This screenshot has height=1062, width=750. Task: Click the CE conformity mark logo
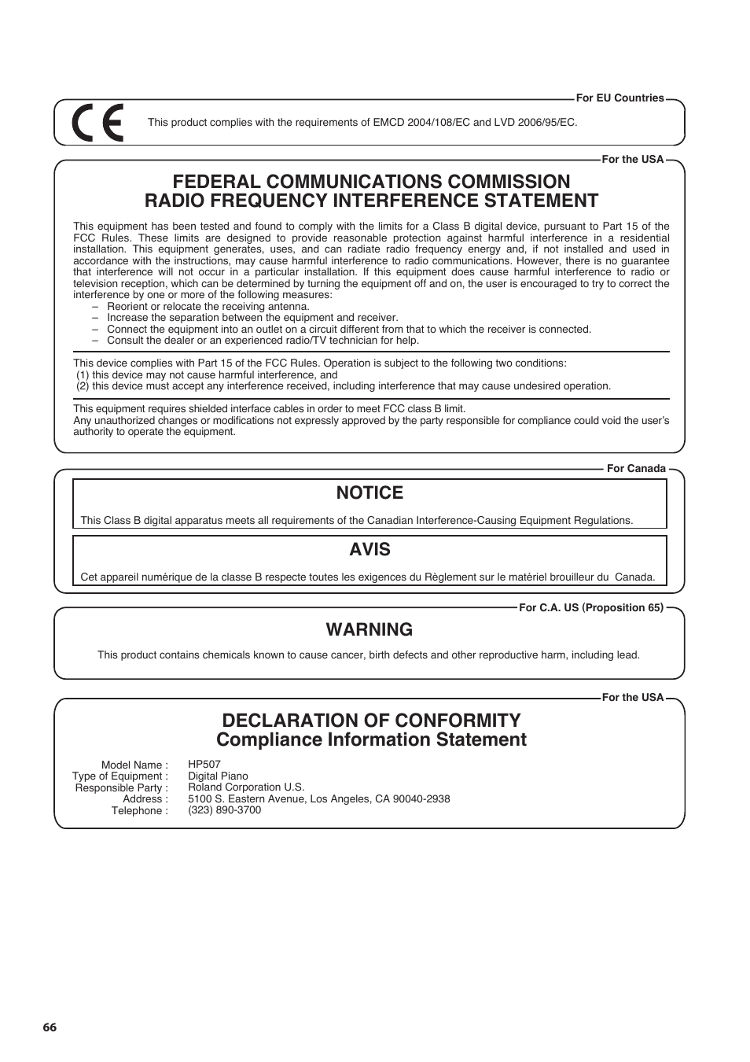click(97, 123)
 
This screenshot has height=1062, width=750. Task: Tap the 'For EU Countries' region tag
click(619, 98)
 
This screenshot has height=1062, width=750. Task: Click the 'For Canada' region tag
click(635, 469)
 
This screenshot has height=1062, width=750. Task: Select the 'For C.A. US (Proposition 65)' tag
click(591, 607)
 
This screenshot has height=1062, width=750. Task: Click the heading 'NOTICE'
click(369, 493)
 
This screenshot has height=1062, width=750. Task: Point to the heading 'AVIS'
click(369, 550)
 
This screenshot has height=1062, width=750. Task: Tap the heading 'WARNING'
click(369, 630)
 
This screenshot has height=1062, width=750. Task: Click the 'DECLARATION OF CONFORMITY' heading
click(371, 721)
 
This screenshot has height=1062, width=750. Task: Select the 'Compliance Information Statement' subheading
click(371, 740)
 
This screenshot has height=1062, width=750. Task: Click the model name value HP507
click(204, 765)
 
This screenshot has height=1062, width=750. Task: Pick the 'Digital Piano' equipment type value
click(218, 776)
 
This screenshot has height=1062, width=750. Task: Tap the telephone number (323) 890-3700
click(224, 810)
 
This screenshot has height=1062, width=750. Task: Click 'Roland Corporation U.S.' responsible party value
click(246, 787)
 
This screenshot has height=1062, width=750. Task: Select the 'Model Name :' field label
click(134, 765)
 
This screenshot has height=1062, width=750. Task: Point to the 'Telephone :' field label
click(139, 811)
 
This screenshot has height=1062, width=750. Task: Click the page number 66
click(50, 1027)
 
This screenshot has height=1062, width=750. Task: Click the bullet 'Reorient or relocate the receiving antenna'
click(208, 307)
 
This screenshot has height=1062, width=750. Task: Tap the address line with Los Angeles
click(318, 799)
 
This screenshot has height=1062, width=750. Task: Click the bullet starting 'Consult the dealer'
click(263, 341)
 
